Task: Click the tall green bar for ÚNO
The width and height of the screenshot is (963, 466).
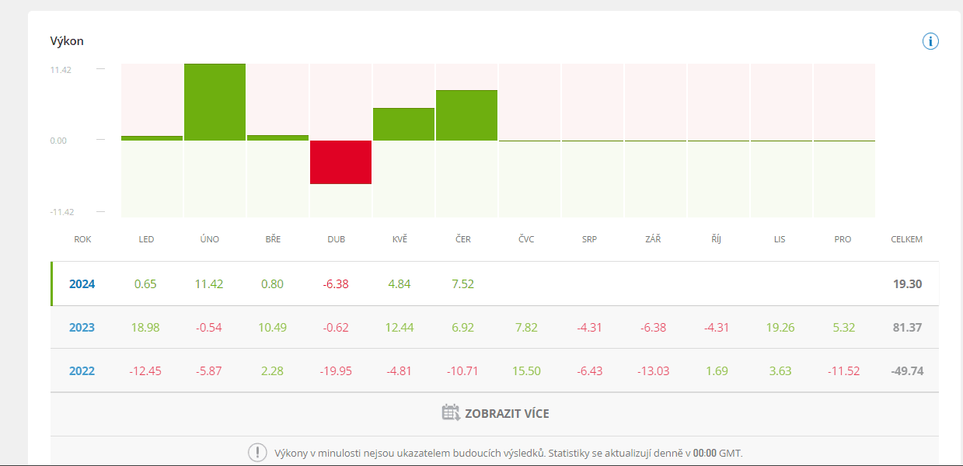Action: coord(215,102)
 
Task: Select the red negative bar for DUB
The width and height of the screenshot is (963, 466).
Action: coord(340,162)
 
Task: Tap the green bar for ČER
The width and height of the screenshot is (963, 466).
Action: coord(466,115)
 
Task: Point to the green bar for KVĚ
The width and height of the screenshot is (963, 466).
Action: coord(403,124)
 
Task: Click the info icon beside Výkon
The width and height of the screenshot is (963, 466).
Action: coord(930,41)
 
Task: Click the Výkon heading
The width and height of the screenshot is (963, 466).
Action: coord(67,41)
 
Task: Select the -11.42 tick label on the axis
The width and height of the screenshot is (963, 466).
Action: coord(61,212)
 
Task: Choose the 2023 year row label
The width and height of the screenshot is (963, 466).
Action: coord(82,328)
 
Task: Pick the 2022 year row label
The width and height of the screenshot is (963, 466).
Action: coord(82,371)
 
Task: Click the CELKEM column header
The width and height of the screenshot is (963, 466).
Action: coord(906,239)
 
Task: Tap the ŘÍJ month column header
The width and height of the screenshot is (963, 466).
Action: coord(716,239)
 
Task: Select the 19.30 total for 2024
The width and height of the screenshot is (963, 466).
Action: coord(907,284)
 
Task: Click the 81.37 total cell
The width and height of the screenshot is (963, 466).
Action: coord(907,328)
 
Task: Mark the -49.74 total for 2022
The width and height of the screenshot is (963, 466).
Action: coord(906,371)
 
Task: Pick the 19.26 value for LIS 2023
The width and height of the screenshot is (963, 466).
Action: coord(780,328)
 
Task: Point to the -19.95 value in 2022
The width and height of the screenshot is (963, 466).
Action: coord(336,371)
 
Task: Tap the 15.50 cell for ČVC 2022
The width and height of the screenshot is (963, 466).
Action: coord(526,371)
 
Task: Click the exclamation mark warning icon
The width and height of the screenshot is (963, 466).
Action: coord(257,453)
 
